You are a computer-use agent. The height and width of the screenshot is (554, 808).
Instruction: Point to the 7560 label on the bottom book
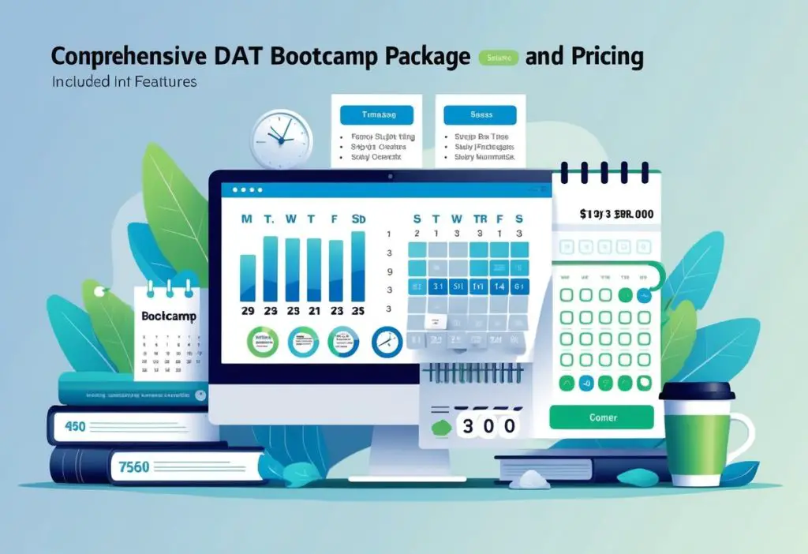tap(133, 466)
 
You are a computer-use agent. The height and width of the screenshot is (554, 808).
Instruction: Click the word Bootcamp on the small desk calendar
tap(167, 316)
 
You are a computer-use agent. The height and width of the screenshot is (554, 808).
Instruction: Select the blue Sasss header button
tap(481, 115)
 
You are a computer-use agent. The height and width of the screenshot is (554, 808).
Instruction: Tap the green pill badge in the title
tap(499, 58)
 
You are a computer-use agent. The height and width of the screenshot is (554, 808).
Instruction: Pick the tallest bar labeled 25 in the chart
tap(357, 266)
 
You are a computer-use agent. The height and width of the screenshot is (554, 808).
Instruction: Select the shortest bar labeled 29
tap(247, 278)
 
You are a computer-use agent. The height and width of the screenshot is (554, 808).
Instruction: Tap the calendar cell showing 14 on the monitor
tap(498, 286)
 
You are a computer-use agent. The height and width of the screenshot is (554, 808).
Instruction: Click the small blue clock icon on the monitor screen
tap(386, 341)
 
